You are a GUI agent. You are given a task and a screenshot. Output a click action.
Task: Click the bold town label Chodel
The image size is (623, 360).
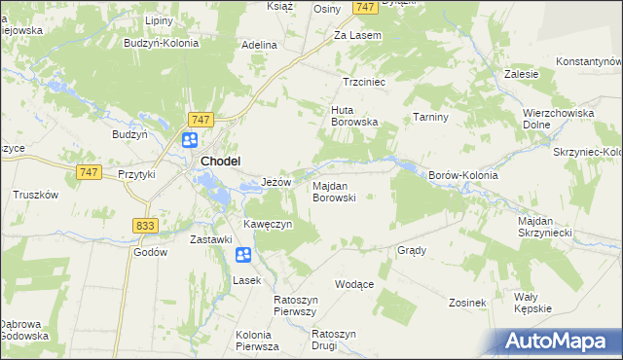click(x=221, y=162)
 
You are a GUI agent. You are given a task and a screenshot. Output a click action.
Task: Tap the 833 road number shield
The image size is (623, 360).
click(x=145, y=225)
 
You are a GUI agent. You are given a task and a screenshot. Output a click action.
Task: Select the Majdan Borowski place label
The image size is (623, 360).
click(x=334, y=191)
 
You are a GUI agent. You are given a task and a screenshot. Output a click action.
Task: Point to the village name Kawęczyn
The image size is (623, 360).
click(x=268, y=225)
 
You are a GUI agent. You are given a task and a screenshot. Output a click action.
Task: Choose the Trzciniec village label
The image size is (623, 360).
click(x=365, y=83)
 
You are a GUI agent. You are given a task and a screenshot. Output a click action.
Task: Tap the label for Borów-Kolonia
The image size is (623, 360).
click(x=463, y=176)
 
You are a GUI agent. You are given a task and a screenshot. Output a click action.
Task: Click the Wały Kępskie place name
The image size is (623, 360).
click(x=532, y=302)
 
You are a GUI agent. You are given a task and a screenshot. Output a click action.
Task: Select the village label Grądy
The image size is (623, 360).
click(x=412, y=250)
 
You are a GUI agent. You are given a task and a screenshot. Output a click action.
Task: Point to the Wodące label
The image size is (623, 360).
click(x=354, y=284)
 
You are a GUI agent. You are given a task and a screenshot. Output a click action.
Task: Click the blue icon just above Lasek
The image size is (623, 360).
click(x=243, y=256)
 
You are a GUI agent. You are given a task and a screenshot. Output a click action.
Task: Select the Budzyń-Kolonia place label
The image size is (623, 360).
click(x=161, y=43)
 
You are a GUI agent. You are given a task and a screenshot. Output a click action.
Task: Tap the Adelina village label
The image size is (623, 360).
click(x=260, y=45)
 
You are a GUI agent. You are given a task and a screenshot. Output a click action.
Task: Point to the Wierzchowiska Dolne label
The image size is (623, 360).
click(x=558, y=119)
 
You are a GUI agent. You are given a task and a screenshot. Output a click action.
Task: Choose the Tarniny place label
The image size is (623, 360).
click(x=429, y=117)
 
